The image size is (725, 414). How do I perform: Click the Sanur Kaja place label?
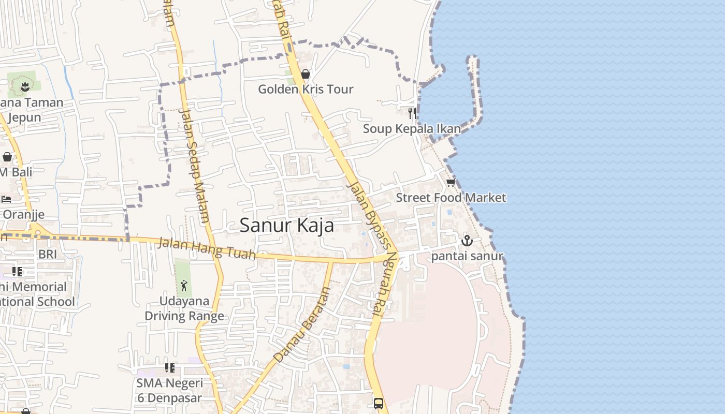tap(287, 226)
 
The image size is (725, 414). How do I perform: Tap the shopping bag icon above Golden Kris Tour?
tap(306, 74)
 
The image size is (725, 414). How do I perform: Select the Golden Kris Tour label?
tap(306, 89)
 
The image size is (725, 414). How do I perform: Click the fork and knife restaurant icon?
tap(412, 113)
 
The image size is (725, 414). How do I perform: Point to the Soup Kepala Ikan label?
tap(412, 128)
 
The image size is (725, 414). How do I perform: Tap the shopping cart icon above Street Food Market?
tap(451, 183)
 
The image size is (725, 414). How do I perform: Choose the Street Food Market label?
tap(451, 198)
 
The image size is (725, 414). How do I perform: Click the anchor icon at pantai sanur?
tap(467, 241)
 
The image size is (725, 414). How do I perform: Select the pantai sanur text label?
tap(467, 256)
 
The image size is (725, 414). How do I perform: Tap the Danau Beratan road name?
tap(301, 325)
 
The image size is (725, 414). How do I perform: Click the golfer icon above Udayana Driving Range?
tap(184, 285)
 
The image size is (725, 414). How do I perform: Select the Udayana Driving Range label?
tap(184, 308)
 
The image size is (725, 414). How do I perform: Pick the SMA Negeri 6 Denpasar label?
tap(170, 391)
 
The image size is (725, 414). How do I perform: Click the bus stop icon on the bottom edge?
tap(379, 403)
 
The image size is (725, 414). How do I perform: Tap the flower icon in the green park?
tap(24, 86)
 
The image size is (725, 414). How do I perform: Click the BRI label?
tap(48, 254)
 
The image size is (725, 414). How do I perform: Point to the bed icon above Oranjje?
tap(6, 199)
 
